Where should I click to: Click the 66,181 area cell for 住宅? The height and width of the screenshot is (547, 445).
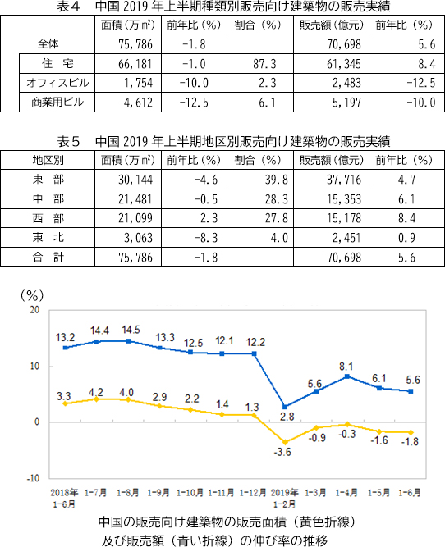(x=135, y=64)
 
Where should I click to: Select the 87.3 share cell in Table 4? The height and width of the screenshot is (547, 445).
(x=264, y=64)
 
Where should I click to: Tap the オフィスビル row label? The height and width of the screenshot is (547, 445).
(x=57, y=83)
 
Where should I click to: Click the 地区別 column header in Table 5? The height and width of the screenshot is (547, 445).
(x=48, y=160)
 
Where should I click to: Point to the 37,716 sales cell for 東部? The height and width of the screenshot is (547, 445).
(x=344, y=180)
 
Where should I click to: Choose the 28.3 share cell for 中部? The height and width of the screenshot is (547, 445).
(x=277, y=199)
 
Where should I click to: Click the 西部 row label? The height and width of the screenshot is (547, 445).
(x=48, y=218)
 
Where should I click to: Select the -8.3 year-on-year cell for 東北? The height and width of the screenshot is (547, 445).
(x=206, y=238)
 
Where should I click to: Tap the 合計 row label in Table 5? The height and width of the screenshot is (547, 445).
(x=48, y=258)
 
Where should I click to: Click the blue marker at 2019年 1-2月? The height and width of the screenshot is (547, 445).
(x=285, y=407)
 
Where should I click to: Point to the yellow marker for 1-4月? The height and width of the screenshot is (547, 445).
(x=347, y=424)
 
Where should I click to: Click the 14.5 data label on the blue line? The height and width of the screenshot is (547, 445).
(x=131, y=330)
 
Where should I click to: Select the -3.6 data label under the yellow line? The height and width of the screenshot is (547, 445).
(x=282, y=453)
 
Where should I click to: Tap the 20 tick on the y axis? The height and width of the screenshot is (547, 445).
(x=34, y=310)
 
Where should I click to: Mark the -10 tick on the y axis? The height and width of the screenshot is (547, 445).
(x=33, y=478)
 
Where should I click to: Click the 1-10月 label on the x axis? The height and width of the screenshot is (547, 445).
(x=190, y=493)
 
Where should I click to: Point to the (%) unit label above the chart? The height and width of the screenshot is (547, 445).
(x=32, y=296)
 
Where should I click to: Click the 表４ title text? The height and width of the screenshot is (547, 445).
(x=69, y=7)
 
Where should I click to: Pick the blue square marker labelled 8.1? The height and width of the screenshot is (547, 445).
(x=347, y=376)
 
